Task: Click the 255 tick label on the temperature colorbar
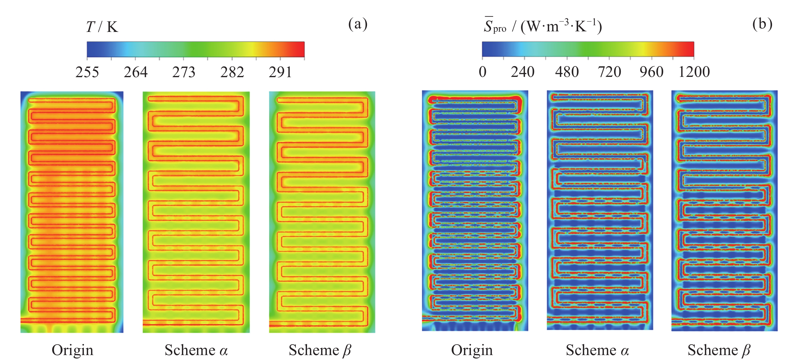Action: point(87,72)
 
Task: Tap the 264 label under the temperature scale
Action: point(136,72)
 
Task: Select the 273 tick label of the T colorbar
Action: point(184,72)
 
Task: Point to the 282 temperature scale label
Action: point(232,72)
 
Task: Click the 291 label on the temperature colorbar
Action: point(280,72)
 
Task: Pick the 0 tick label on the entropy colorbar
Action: point(482,72)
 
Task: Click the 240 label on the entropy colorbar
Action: point(523,72)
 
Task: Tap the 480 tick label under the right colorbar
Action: point(567,72)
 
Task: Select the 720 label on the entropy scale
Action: point(609,72)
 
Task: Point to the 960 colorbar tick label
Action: point(651,72)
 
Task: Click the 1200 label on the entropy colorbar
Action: point(694,72)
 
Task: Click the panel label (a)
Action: point(358,24)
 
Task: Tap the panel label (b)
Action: point(762,24)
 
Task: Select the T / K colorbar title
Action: point(102,27)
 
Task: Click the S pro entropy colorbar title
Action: point(543,26)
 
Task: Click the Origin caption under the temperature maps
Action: point(72,350)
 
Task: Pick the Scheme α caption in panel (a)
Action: point(196,350)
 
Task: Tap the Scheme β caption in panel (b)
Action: point(719,350)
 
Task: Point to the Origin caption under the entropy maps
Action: point(472,350)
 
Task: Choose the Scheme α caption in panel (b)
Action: point(597,350)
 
